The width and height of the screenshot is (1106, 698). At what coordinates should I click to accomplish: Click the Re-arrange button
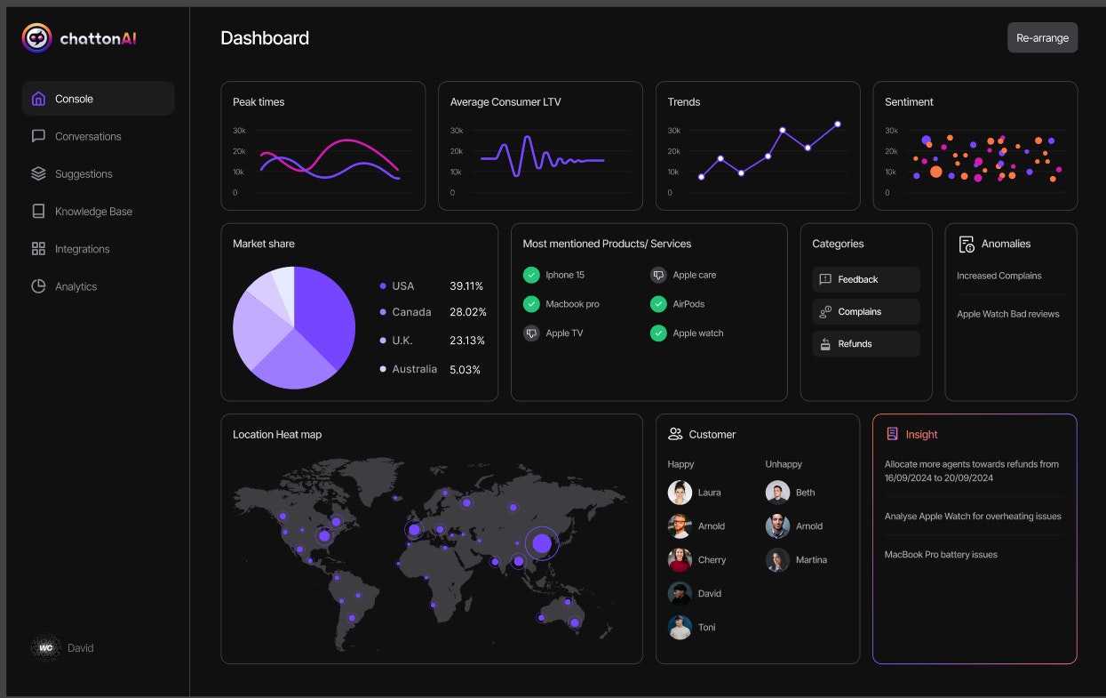[1042, 38]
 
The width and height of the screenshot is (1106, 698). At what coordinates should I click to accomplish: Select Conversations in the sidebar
[88, 136]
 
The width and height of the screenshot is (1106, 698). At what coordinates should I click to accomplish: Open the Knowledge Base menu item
[93, 212]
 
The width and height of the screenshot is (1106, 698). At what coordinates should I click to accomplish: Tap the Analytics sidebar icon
[38, 286]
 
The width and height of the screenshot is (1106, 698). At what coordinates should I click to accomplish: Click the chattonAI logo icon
[36, 38]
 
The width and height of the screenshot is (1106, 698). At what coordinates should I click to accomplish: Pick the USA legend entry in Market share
[402, 285]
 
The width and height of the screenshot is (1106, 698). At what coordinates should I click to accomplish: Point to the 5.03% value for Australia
[465, 369]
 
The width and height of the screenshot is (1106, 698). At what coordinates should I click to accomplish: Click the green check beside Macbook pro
[531, 304]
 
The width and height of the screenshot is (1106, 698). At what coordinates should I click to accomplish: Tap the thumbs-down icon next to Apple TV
[531, 333]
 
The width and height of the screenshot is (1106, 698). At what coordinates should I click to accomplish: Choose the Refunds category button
[865, 344]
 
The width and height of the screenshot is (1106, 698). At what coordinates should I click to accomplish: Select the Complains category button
[865, 312]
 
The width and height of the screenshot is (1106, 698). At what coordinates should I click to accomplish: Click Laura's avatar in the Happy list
[680, 493]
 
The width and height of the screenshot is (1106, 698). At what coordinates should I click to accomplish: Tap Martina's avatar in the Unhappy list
[777, 560]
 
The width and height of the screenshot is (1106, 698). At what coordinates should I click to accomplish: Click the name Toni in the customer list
[706, 628]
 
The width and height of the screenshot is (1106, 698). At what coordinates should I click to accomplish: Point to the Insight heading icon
[892, 434]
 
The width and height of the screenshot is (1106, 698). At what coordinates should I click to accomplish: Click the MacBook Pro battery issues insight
[941, 555]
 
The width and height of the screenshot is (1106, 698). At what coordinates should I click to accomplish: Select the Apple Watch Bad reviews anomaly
[1007, 314]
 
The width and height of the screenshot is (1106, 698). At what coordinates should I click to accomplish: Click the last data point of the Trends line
[837, 124]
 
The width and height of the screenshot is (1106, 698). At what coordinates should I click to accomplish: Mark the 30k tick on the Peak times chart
[239, 131]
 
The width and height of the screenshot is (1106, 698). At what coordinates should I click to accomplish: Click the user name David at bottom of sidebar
[80, 648]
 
